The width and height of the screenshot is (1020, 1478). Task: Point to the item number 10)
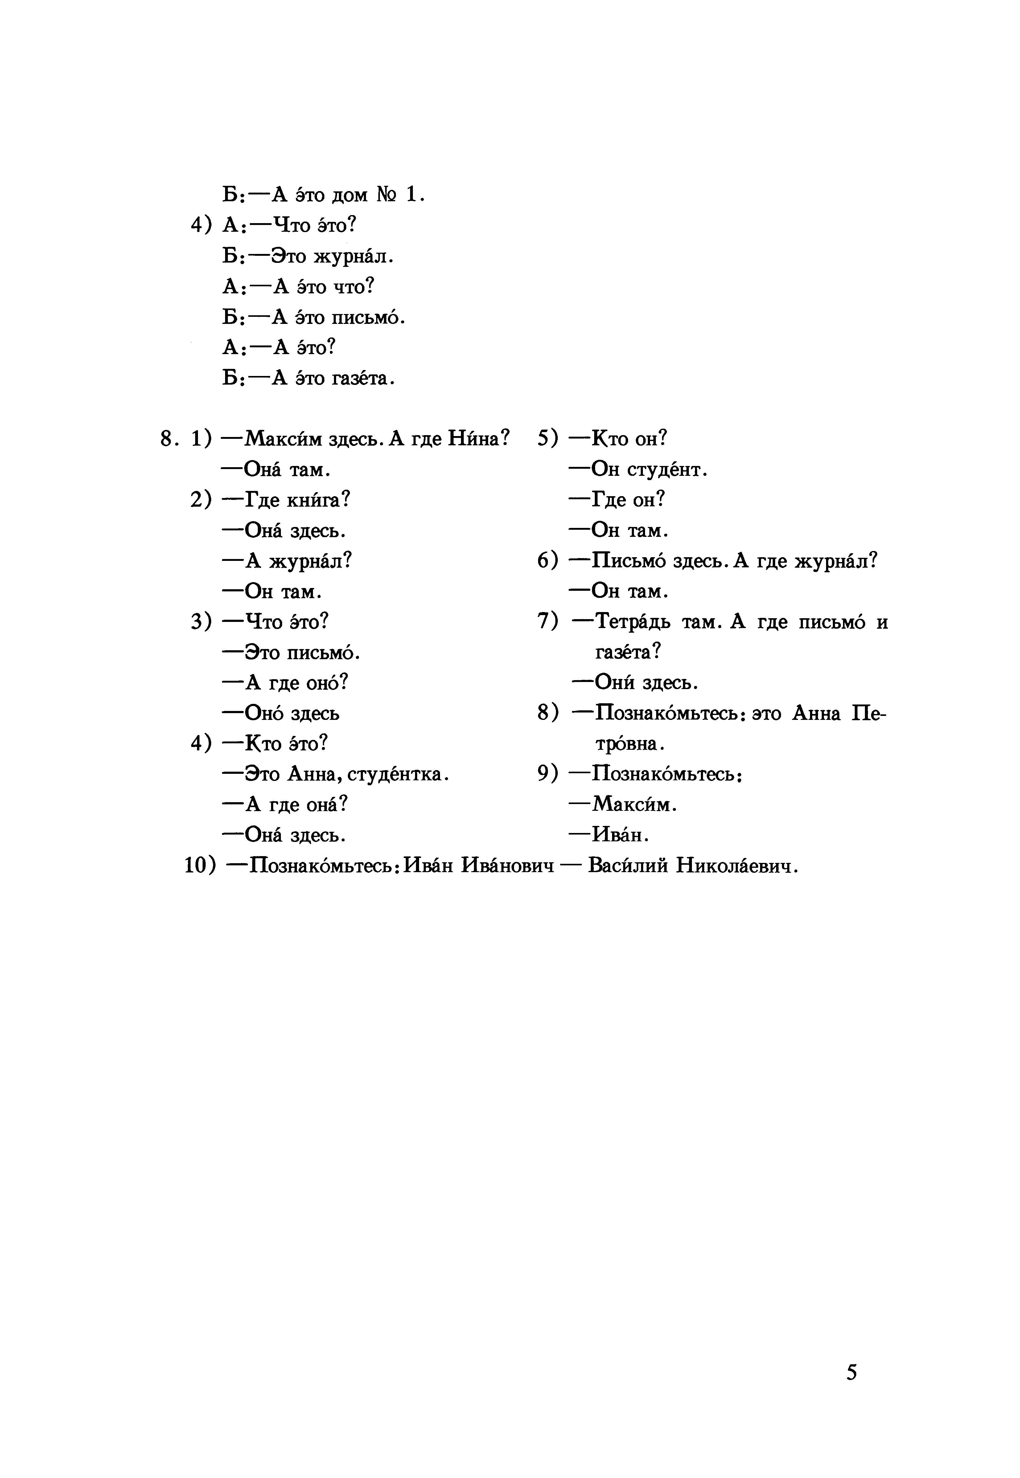coord(200,866)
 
